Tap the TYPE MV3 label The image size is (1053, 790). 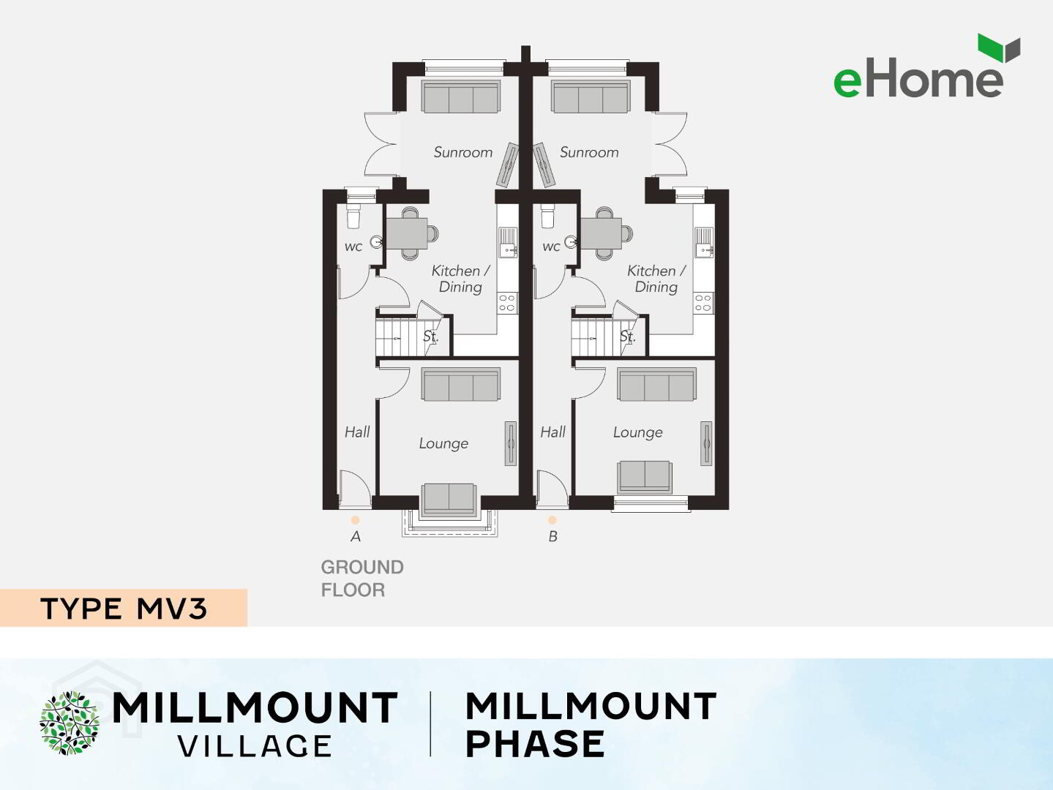(x=124, y=609)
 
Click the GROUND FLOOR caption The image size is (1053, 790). (x=362, y=579)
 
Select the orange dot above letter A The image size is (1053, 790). (x=355, y=520)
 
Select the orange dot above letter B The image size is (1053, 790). (x=552, y=520)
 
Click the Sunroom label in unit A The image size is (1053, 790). (x=463, y=152)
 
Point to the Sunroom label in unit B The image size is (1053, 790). (x=589, y=152)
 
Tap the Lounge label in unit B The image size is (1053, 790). (x=637, y=433)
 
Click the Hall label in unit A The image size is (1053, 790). (x=357, y=432)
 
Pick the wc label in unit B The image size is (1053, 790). (x=551, y=247)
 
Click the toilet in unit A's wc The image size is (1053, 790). (x=353, y=217)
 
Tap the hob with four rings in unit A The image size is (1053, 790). (x=507, y=303)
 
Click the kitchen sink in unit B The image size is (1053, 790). (x=704, y=243)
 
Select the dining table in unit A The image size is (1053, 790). (x=408, y=233)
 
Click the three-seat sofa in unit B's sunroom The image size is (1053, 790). (x=591, y=97)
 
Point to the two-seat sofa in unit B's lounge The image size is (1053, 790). (x=644, y=476)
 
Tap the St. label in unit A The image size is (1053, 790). (x=430, y=336)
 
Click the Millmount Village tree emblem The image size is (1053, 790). (x=70, y=723)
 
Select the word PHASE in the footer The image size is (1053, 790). (x=535, y=744)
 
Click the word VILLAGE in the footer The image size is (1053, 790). (x=255, y=746)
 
